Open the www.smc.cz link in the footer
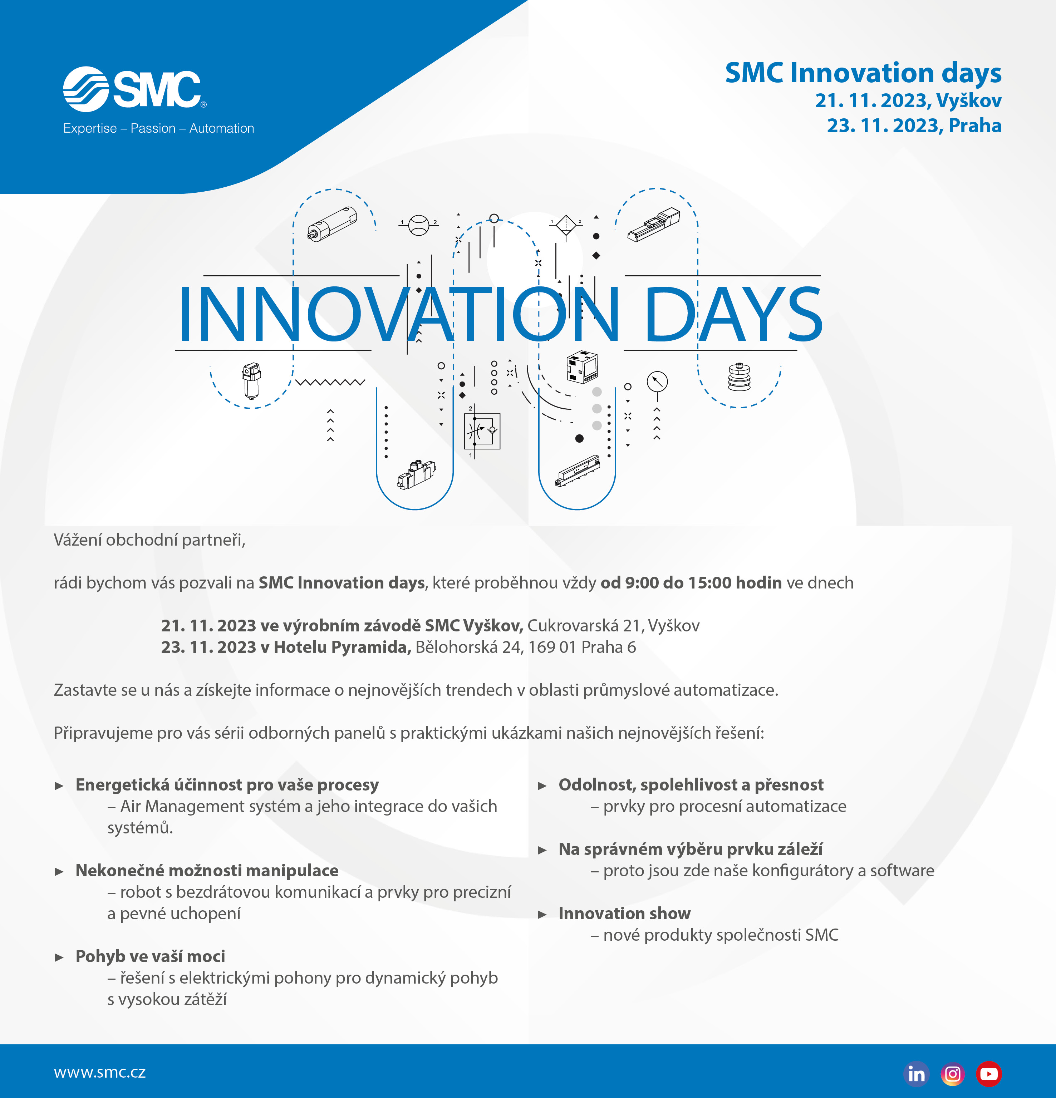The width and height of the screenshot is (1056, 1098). [x=100, y=1072]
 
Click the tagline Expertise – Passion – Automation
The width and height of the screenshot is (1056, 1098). [x=158, y=128]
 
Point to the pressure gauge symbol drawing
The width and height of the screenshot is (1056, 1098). [x=657, y=382]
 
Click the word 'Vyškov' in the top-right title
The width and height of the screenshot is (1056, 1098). [x=969, y=101]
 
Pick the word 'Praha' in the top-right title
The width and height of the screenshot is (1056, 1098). [x=975, y=125]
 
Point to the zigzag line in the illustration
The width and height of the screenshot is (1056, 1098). [x=330, y=383]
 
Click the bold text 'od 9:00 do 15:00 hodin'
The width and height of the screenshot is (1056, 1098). [x=691, y=583]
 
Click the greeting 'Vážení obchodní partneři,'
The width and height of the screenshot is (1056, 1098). [x=149, y=540]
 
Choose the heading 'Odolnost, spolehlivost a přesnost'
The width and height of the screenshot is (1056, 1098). [x=691, y=784]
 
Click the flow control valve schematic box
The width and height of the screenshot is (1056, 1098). [x=482, y=431]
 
